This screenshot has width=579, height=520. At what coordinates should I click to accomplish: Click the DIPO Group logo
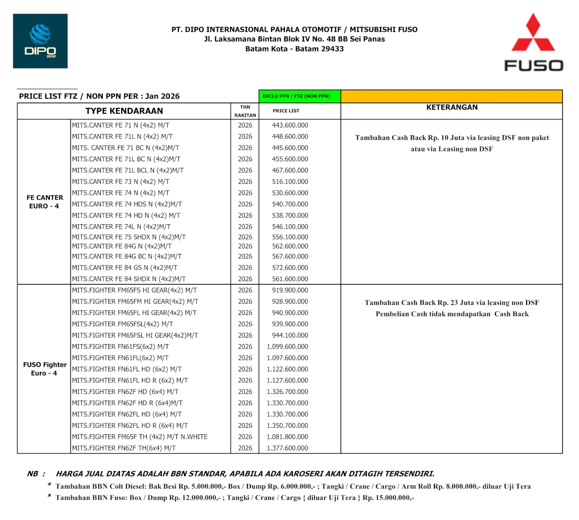pyautogui.click(x=40, y=41)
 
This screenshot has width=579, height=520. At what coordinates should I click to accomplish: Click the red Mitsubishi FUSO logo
pyautogui.click(x=534, y=42)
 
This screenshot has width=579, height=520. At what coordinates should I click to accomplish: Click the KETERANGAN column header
pyautogui.click(x=451, y=107)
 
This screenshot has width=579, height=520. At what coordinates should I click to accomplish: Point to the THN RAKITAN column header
pyautogui.click(x=245, y=111)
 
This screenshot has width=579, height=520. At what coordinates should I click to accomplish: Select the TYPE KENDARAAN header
pyautogui.click(x=124, y=111)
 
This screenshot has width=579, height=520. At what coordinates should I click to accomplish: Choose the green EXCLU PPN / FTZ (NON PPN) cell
pyautogui.click(x=299, y=96)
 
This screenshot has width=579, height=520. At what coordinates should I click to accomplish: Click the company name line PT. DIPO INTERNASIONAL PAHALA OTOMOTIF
pyautogui.click(x=294, y=30)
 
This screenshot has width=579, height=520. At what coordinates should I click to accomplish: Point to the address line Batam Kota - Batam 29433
pyautogui.click(x=294, y=49)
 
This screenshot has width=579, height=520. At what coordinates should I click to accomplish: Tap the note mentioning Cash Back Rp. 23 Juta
pyautogui.click(x=452, y=303)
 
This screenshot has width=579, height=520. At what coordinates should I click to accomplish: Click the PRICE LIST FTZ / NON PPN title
pyautogui.click(x=99, y=96)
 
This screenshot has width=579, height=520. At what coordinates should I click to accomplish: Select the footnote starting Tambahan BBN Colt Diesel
pyautogui.click(x=292, y=486)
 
